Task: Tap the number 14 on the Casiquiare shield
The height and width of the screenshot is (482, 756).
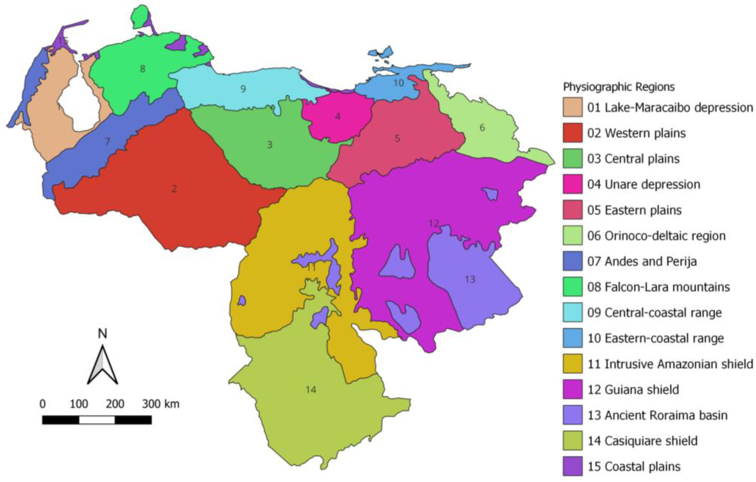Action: point(311,390)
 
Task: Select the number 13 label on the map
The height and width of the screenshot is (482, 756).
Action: point(470,279)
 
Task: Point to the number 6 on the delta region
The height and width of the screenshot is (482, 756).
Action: point(482,128)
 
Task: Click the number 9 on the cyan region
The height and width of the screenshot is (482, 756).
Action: point(243,89)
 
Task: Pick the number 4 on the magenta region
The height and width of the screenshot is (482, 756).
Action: point(338,117)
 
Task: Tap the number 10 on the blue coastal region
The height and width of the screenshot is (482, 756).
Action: point(399,83)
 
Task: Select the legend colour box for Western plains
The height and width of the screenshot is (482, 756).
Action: point(572,133)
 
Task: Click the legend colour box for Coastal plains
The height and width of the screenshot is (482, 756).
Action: point(572,466)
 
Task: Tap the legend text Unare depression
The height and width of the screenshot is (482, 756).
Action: point(652,185)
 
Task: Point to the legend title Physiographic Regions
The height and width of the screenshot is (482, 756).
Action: point(619,87)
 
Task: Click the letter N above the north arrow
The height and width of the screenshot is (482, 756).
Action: point(102,334)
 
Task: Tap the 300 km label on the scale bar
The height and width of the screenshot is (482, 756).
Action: point(160,404)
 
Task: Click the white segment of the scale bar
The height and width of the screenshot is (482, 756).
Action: point(97,420)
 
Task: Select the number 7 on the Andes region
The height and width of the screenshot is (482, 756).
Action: point(108,142)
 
